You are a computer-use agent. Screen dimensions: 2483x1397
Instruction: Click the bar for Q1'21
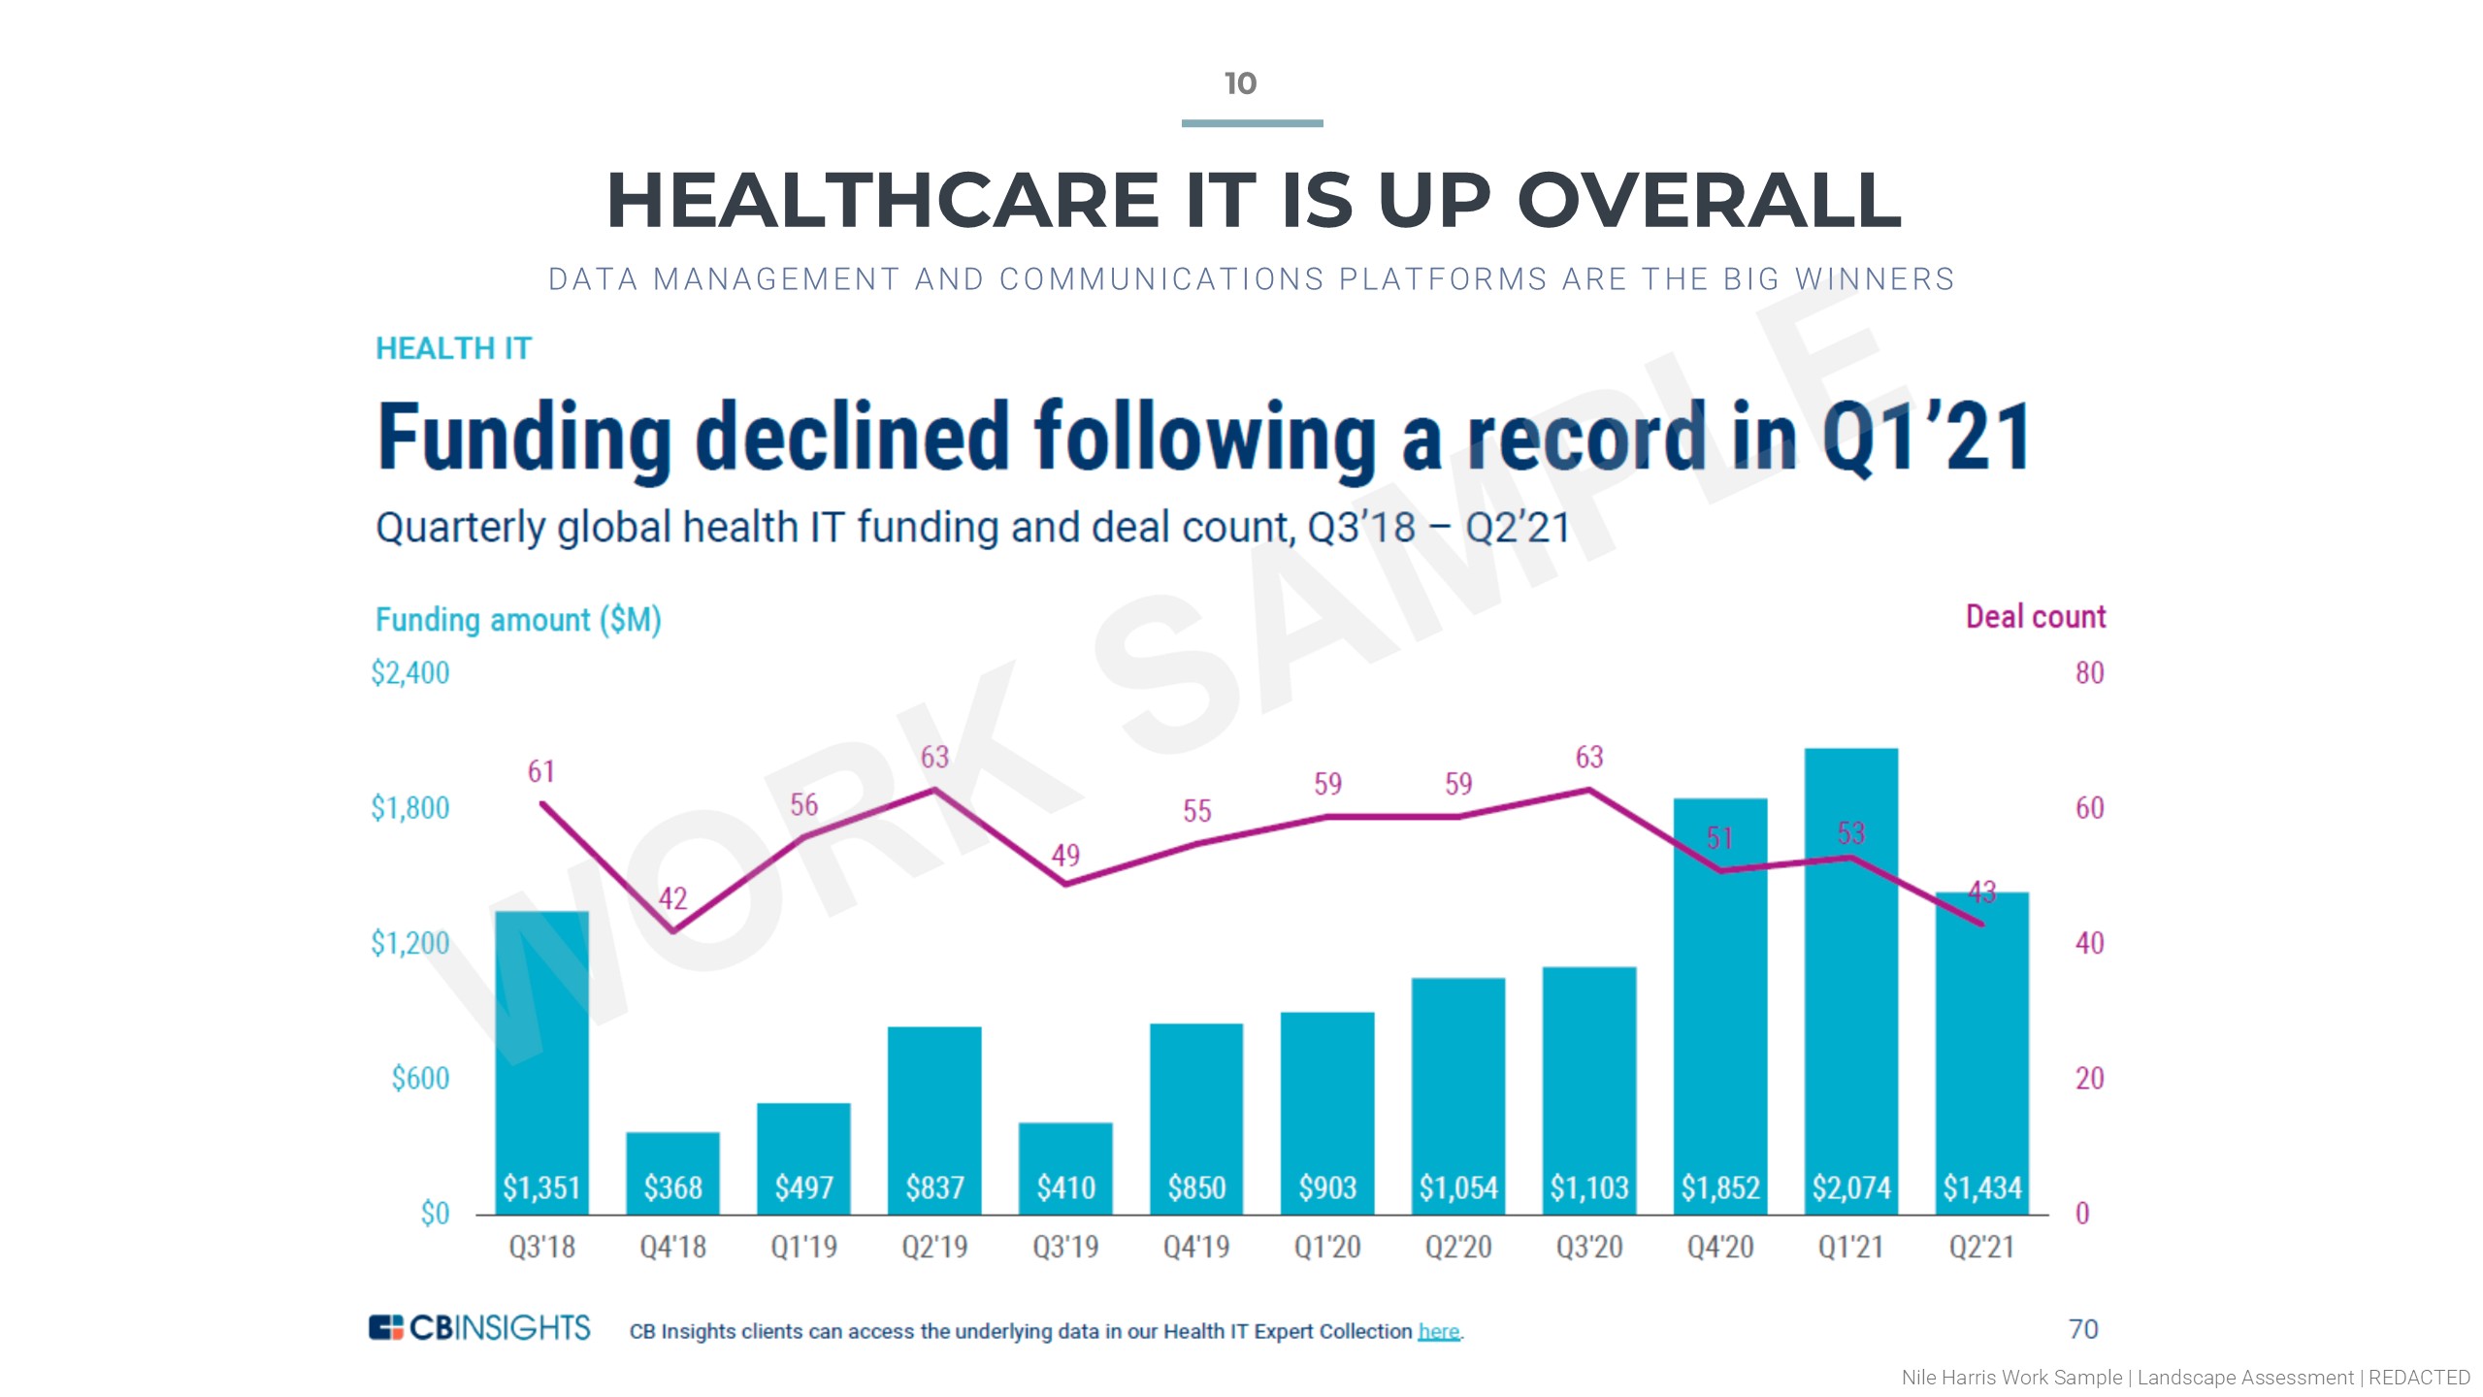pos(1850,980)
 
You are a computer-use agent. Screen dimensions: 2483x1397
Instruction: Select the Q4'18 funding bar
pos(672,1172)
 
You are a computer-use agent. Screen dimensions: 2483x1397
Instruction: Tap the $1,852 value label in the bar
pos(1719,1187)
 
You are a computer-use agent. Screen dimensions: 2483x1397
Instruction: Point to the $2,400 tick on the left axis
pos(409,673)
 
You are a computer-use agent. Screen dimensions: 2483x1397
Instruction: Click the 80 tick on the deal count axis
pos(2089,673)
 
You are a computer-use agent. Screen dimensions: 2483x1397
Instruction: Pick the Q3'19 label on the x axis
pos(1065,1247)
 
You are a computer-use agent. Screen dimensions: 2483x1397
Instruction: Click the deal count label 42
pos(672,898)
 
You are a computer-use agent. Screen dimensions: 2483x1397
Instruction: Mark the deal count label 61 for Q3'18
pos(541,771)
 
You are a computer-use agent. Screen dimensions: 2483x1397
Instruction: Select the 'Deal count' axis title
pos(2036,617)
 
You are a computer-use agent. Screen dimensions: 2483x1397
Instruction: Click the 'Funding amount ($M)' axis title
pos(518,620)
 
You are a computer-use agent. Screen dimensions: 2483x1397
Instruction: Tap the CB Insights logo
pos(479,1327)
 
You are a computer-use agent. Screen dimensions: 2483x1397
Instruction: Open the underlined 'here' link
pos(1438,1331)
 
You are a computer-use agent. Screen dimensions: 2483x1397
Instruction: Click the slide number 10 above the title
pos(1240,83)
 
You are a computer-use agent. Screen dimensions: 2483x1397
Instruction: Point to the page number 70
pos(2083,1329)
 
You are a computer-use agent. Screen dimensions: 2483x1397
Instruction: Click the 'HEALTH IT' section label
pos(453,348)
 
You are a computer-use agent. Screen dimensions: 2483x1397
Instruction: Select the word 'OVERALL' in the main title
pos(1709,201)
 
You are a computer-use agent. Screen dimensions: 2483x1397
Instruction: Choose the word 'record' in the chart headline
pos(1585,437)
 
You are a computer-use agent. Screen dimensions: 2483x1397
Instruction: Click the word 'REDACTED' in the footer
pos(2419,1378)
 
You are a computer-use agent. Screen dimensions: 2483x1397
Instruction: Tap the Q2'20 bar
pos(1457,1096)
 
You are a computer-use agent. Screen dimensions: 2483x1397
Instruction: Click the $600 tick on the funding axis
pos(420,1079)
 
